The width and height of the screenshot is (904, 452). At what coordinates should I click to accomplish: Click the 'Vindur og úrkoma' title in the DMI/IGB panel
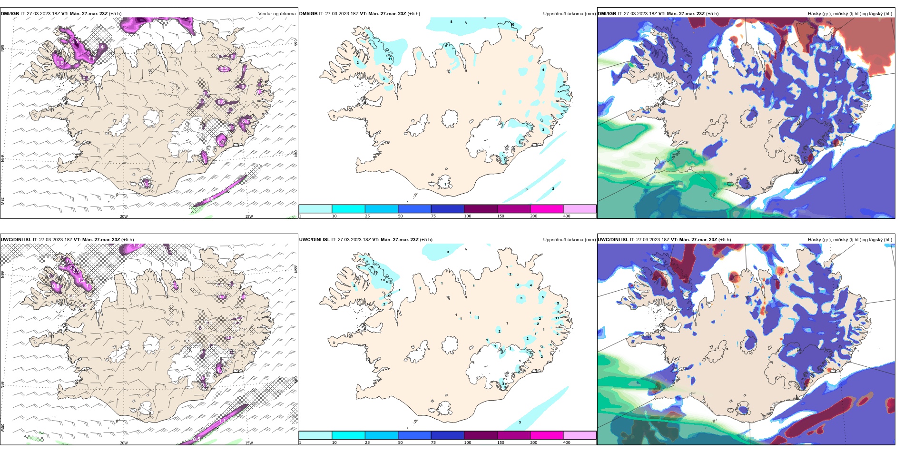click(276, 14)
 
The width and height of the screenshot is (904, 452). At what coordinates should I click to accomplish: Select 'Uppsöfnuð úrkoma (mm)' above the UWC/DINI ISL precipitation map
click(569, 240)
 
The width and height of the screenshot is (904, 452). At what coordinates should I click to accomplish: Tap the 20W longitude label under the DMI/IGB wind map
click(124, 216)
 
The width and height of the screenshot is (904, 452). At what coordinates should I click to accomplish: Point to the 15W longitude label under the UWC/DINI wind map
click(249, 443)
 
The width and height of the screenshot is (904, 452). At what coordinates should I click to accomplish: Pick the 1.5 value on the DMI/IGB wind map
click(60, 62)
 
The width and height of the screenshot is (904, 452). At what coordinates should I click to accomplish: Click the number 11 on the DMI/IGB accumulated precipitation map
click(391, 59)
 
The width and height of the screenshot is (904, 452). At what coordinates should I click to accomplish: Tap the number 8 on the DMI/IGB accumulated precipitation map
click(452, 21)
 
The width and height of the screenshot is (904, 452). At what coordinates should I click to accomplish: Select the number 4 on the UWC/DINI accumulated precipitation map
click(531, 285)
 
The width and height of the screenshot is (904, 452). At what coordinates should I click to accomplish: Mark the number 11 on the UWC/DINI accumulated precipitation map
click(557, 318)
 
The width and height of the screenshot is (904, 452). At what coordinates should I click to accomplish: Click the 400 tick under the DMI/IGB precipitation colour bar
click(567, 216)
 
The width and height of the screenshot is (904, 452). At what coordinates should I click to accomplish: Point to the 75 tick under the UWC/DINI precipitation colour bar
click(433, 442)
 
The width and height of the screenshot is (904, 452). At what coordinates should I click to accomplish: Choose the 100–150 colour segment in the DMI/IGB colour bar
click(481, 209)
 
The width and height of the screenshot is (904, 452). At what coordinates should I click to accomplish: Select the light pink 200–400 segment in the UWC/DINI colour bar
click(580, 435)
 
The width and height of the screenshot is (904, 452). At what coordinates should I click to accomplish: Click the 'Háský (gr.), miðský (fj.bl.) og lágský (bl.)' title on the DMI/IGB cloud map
click(850, 14)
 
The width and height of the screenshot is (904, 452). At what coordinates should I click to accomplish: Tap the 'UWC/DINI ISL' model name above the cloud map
click(613, 240)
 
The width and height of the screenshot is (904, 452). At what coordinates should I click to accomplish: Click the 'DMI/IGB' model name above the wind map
click(10, 14)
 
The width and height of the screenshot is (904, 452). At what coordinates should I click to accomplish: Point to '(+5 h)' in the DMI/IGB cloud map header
click(712, 14)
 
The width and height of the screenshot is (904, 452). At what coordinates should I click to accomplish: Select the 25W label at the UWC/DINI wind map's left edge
click(2, 428)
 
